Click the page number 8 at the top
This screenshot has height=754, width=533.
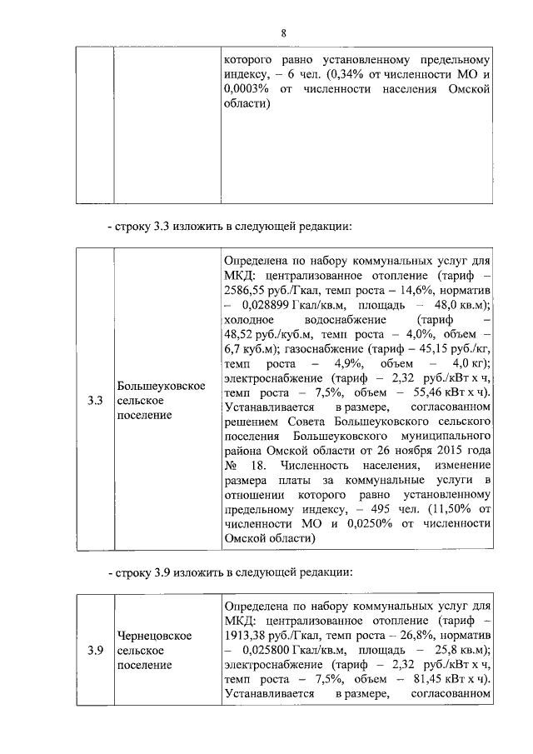[282, 32]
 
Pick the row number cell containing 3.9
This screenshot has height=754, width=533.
[94, 651]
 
